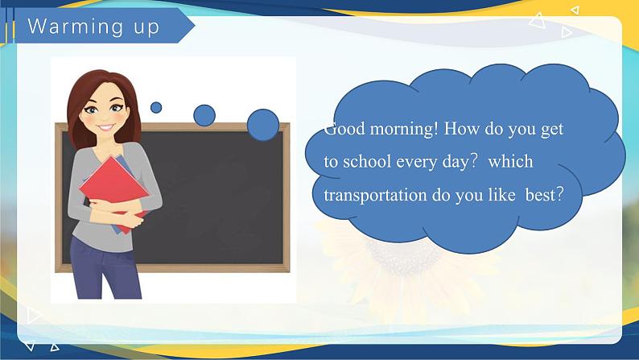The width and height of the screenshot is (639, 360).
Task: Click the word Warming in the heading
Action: pos(76,27)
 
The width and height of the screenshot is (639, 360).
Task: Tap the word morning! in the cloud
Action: pos(404,129)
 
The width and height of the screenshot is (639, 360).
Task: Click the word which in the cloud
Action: pos(510,161)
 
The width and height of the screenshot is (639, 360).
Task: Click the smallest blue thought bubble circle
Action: pos(156,108)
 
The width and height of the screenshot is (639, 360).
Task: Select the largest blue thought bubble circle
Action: pos(263,125)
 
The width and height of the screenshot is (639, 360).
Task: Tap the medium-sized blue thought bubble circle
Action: pos(204,115)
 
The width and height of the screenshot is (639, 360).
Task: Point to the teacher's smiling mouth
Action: pos(106,127)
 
